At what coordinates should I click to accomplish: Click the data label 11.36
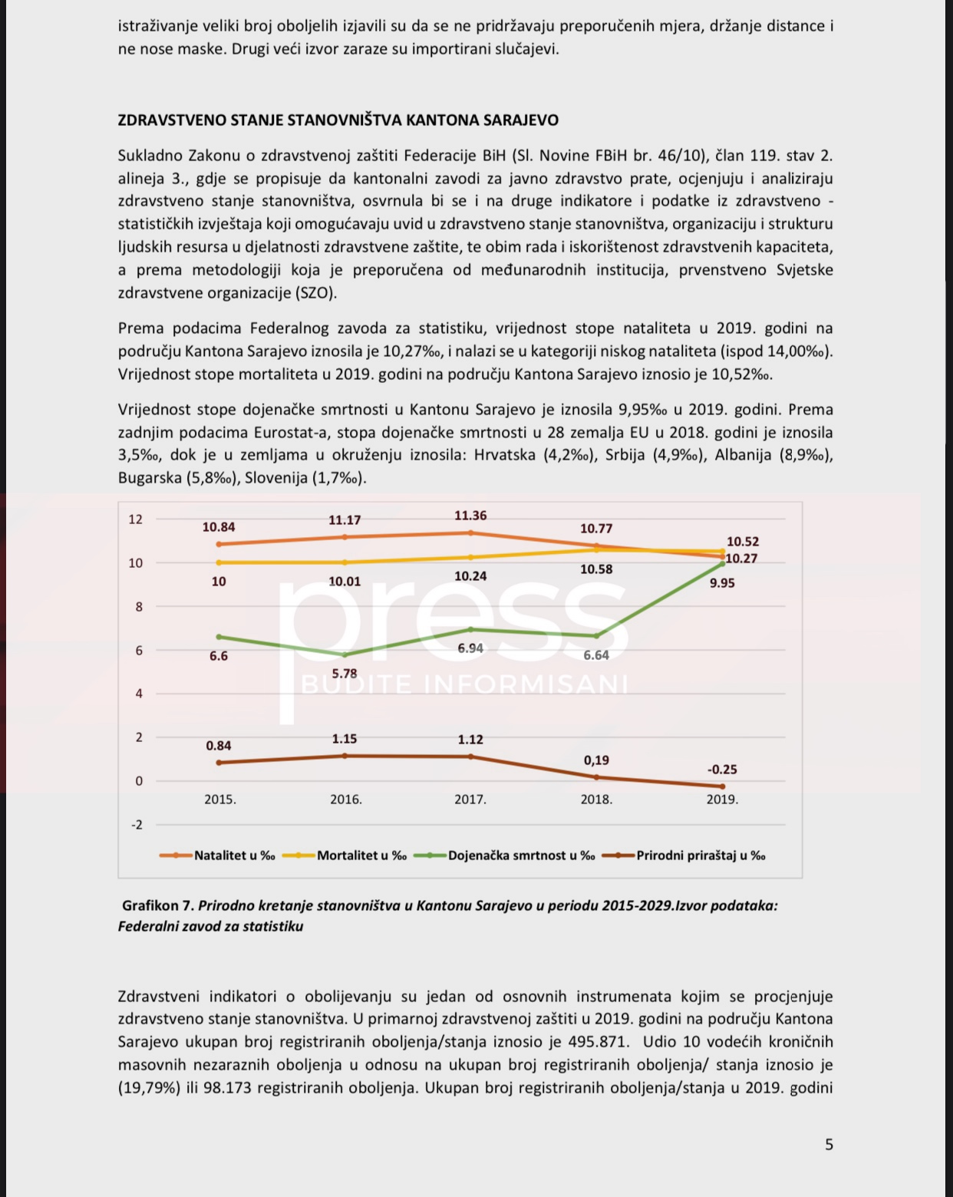pos(470,516)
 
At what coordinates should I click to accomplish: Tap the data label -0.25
pos(722,769)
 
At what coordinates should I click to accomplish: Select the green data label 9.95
pos(722,583)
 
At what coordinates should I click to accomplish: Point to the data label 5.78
pos(345,674)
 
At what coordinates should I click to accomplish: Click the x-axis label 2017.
pos(470,799)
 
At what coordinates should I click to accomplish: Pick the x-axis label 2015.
pos(220,799)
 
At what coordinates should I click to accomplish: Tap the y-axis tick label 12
pos(136,519)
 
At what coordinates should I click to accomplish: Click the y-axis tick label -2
pos(137,825)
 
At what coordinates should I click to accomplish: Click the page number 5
pos(829,1145)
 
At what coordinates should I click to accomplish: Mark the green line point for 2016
pos(345,655)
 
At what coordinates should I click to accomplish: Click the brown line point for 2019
pos(722,786)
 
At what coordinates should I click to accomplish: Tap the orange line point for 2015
pos(219,544)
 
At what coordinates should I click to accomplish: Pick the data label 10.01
pos(345,582)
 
